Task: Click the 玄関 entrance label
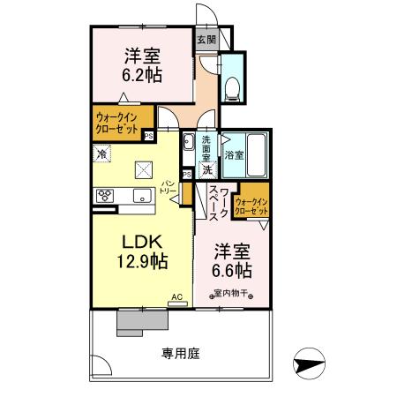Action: coord(206,39)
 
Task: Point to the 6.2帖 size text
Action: coord(141,74)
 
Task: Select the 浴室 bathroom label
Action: coord(235,155)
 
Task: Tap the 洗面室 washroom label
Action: coord(206,146)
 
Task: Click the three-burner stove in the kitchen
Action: coord(104,197)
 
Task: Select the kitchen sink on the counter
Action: coord(140,197)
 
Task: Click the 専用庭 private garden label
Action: coord(181,353)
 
